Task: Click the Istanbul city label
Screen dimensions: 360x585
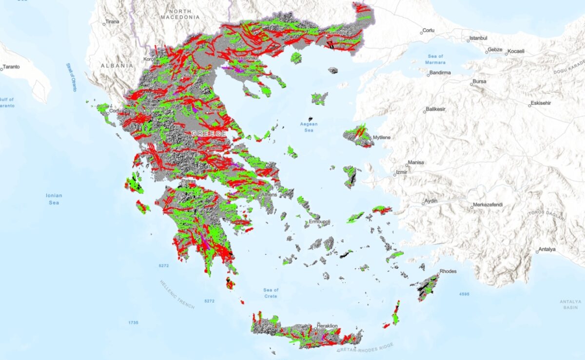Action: (x=477, y=38)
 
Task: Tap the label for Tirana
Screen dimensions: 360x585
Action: (x=112, y=21)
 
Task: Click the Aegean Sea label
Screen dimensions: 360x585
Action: (x=309, y=127)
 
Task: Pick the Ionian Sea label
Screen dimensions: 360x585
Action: (x=54, y=199)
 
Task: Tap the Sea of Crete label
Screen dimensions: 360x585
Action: (x=271, y=293)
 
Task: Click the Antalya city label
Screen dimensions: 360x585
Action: (x=547, y=250)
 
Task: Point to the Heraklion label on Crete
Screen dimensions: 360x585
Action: (x=327, y=326)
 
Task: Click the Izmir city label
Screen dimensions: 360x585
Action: (x=402, y=172)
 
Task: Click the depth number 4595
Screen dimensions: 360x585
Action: (x=464, y=294)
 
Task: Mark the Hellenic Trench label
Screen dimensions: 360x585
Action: (x=177, y=295)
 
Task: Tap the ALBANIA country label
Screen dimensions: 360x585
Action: (x=117, y=65)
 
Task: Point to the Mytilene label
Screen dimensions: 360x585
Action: (x=382, y=138)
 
